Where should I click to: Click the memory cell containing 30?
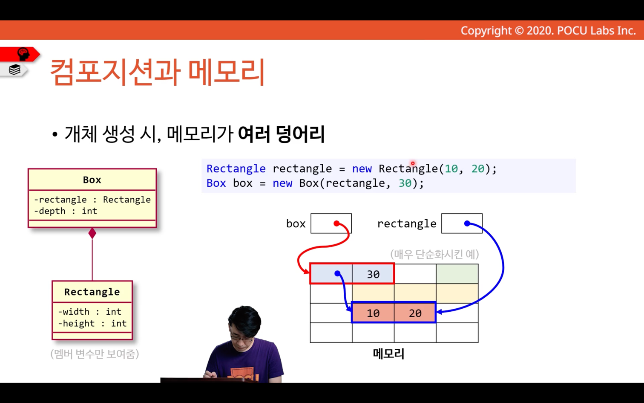coord(373,274)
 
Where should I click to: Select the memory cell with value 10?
coord(373,313)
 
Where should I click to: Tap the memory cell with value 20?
coord(415,313)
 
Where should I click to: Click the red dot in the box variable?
coord(336,223)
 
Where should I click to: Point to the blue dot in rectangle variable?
coord(467,223)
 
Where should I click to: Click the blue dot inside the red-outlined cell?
coord(337,273)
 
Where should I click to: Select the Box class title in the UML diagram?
coord(92,180)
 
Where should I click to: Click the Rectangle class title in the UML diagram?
coord(92,292)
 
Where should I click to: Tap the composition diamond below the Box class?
coord(92,233)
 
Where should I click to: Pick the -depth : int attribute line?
coord(66,211)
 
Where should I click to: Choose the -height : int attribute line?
coord(92,324)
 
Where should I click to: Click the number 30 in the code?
coord(405,183)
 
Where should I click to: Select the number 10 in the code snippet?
coord(451,169)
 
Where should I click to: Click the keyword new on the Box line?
coord(282,183)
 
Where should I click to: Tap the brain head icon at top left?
coord(23,54)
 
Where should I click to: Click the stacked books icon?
coord(14,70)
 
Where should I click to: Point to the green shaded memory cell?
coord(457,274)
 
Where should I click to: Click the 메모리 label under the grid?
coord(388,354)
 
